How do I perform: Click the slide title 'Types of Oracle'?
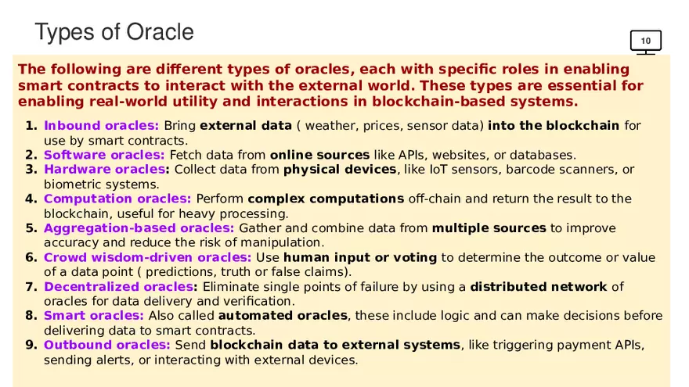click(x=114, y=33)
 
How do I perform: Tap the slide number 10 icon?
click(x=645, y=42)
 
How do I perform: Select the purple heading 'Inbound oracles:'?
click(x=102, y=126)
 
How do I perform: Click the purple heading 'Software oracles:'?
click(x=104, y=155)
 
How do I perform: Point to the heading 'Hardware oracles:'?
click(x=106, y=170)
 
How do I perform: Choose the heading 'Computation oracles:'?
click(x=117, y=199)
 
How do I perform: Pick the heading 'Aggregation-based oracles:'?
click(x=139, y=228)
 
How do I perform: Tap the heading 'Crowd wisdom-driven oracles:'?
click(x=148, y=257)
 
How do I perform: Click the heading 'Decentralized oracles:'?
click(x=121, y=286)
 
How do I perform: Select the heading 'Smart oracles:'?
click(x=94, y=316)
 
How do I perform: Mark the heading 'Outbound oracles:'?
click(x=106, y=345)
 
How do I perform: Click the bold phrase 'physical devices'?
click(x=340, y=170)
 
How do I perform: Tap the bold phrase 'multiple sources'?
click(x=489, y=228)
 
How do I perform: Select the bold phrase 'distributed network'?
click(x=539, y=286)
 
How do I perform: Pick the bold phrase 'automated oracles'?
click(x=283, y=316)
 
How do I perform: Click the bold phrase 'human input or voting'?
click(x=360, y=257)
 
